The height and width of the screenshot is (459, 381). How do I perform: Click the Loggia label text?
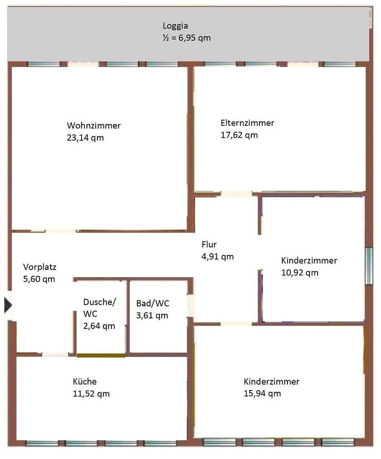coord(175,26)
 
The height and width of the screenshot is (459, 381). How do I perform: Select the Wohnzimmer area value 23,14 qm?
coord(85,138)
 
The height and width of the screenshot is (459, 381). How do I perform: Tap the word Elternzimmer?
coord(247,123)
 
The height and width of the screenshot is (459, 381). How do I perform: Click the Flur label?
coord(209,244)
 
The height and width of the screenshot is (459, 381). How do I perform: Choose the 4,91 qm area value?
coord(217,257)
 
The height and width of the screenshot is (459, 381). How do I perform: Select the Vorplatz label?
coord(40,267)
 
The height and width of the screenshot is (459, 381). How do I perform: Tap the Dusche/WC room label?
coord(99,308)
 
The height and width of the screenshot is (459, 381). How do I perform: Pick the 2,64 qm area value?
coord(99,326)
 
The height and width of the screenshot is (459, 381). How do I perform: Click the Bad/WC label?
coord(153,303)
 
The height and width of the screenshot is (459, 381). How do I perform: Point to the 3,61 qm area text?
coord(152,315)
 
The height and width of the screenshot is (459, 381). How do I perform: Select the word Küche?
coord(85,381)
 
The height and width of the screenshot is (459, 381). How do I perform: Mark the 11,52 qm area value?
coord(91,394)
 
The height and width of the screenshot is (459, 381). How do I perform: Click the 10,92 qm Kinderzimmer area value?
coord(299,272)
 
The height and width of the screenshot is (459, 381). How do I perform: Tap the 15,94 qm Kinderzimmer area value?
coord(262,393)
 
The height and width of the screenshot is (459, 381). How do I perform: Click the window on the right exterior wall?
coord(369,266)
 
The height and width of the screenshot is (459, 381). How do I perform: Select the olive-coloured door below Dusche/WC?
coord(101,355)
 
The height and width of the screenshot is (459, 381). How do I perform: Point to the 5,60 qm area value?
coord(39,279)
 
